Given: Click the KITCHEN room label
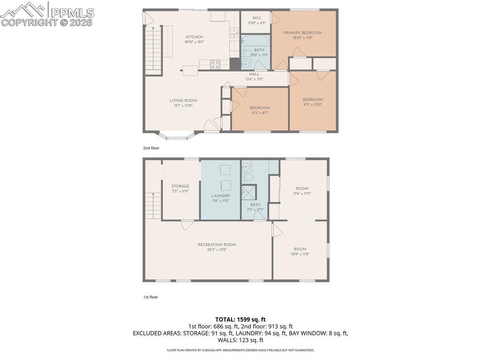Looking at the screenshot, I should click(x=194, y=37).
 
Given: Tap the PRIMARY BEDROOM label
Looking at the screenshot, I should click(x=303, y=33).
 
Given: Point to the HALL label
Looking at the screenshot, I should click(x=254, y=74).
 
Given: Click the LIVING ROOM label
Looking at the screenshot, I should click(x=183, y=100).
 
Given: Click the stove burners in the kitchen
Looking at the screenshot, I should click(x=215, y=64).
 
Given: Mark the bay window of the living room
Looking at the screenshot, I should click(x=177, y=136).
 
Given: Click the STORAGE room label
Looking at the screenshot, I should click(x=180, y=186).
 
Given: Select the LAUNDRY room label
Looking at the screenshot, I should click(x=221, y=196).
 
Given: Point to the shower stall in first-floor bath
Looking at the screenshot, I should click(x=249, y=192).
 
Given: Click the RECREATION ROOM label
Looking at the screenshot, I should click(x=217, y=245).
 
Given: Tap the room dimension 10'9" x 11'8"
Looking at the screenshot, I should click(x=300, y=254).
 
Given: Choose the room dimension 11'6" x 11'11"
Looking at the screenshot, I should click(x=303, y=193).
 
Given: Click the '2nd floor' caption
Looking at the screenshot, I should click(x=151, y=148).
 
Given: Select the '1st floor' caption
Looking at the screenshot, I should click(x=151, y=297).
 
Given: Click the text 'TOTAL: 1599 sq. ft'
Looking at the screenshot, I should click(x=240, y=319).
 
